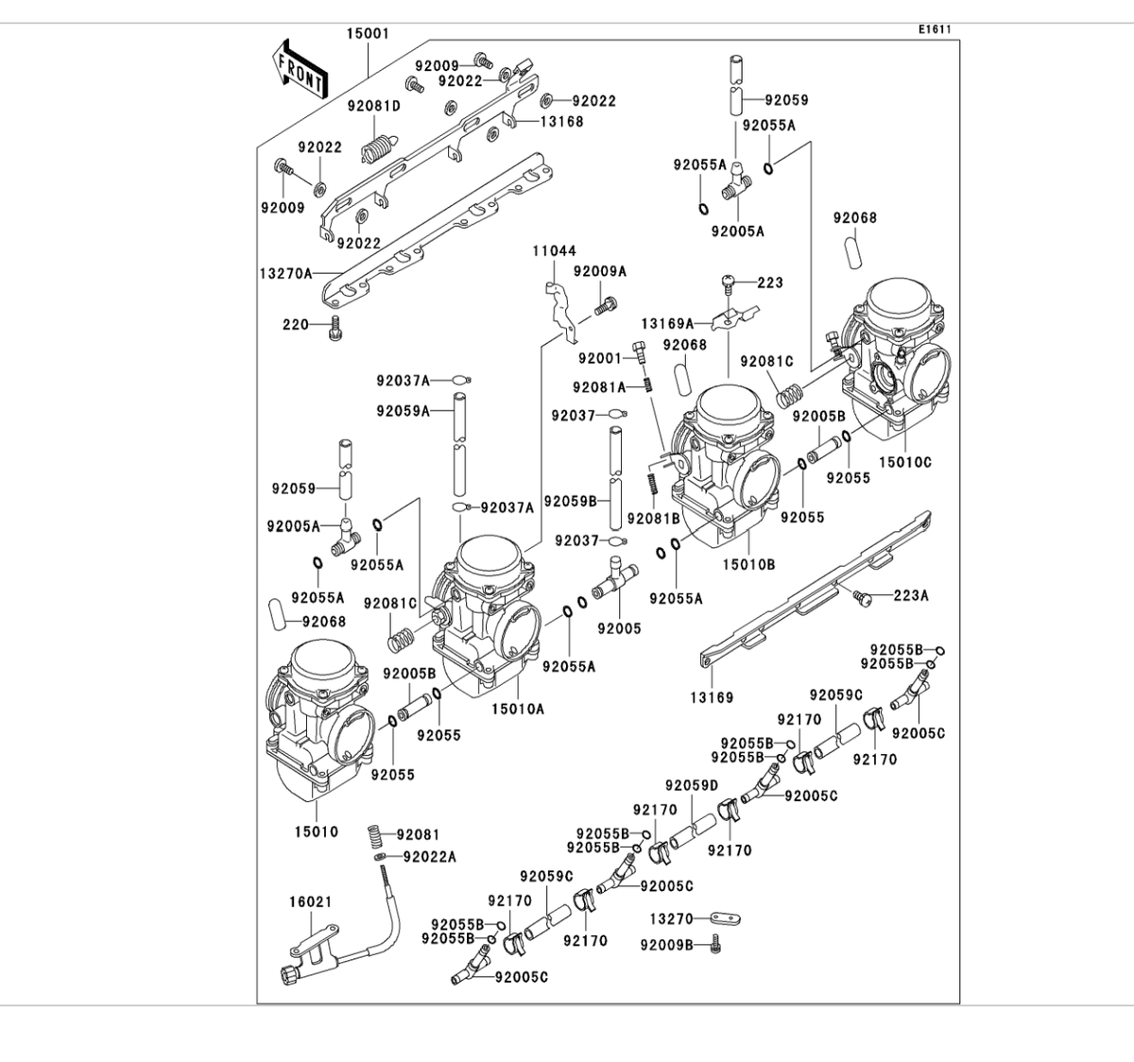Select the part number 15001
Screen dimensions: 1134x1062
[x=368, y=33]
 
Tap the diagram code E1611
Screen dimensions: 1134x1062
[x=935, y=29]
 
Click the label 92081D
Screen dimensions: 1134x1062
[x=374, y=106]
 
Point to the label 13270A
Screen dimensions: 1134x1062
[x=286, y=273]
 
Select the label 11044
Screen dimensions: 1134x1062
[x=555, y=250]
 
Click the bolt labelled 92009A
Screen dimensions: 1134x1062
[x=607, y=306]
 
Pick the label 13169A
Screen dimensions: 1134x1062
[x=667, y=324]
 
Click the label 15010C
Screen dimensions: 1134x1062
[x=905, y=462]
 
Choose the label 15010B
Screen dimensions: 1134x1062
[x=748, y=564]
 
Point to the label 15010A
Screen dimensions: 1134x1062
[x=518, y=709]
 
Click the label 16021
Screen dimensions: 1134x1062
[x=311, y=901]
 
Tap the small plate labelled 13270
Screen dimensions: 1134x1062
[x=725, y=918]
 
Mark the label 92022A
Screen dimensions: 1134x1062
[x=429, y=856]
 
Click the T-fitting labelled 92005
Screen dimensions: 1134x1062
[x=614, y=578]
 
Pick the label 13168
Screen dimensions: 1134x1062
[x=562, y=122]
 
